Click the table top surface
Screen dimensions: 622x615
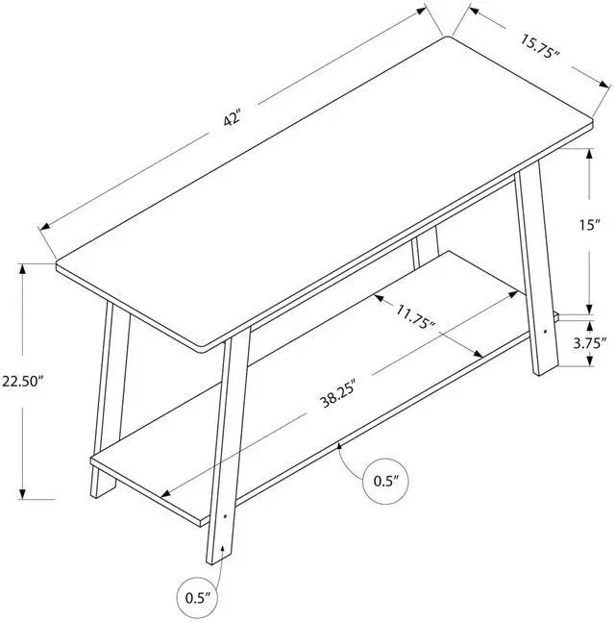click(317, 183)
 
